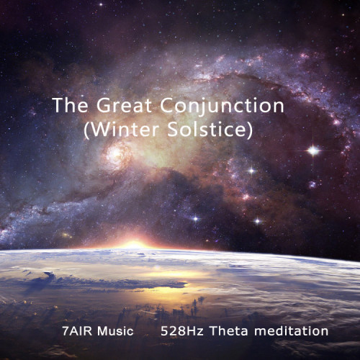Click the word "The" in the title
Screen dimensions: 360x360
70,105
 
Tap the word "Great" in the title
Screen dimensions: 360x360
124,105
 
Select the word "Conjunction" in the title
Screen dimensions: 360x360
222,107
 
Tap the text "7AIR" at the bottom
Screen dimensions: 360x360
77,330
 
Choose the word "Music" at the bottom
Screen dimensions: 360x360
115,330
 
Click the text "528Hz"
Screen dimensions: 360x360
182,330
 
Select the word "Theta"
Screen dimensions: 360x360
229,330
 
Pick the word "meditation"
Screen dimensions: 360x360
291,330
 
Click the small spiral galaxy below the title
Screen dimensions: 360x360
116,153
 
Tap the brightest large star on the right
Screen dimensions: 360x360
313,150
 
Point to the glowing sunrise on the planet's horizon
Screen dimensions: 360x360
135,244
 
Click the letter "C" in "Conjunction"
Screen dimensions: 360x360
167,105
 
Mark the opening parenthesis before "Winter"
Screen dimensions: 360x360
86,130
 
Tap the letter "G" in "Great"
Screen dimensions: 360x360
104,105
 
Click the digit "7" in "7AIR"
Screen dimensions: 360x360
66,330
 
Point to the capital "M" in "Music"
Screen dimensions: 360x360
102,330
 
